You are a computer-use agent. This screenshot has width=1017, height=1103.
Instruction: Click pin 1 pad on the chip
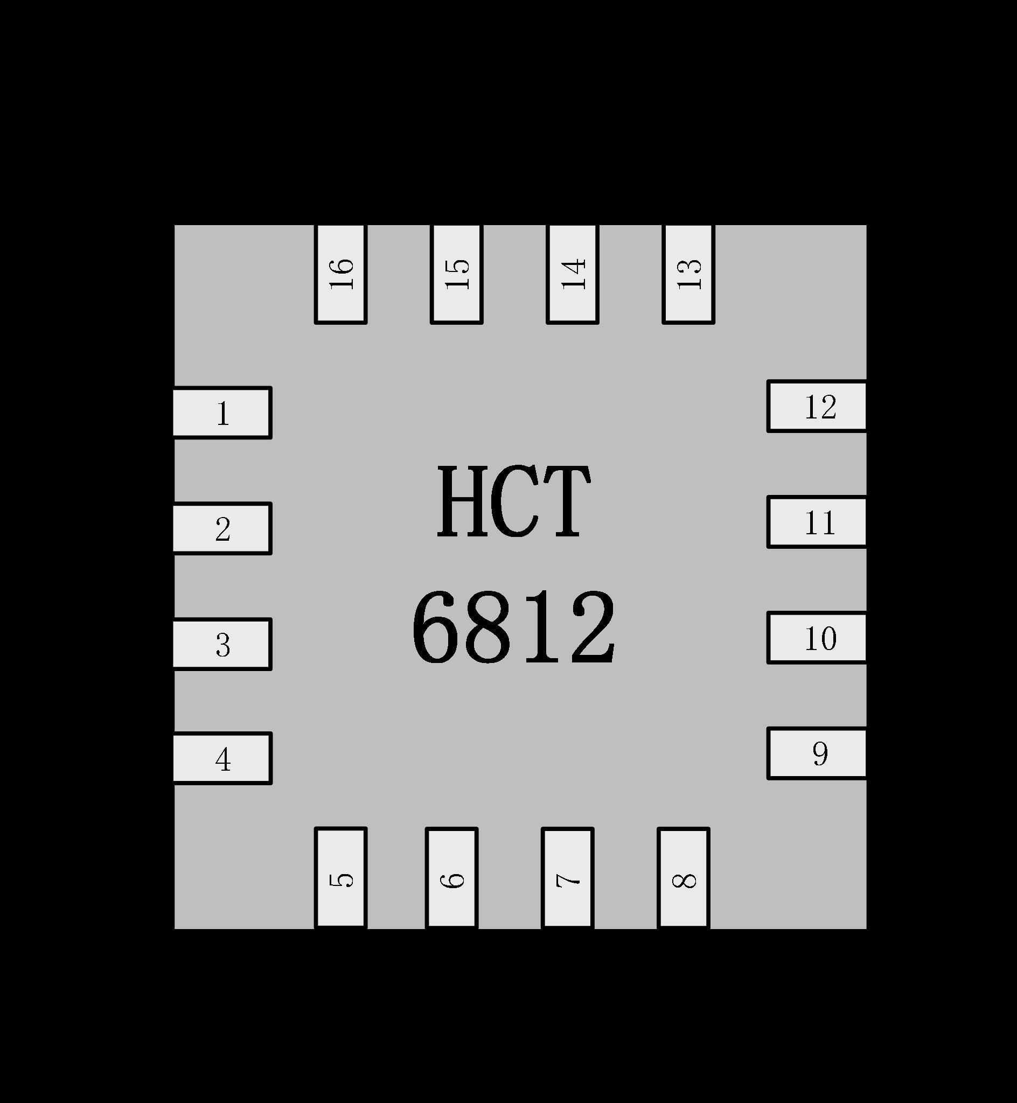222,413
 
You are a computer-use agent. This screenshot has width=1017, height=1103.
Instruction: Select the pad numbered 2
222,528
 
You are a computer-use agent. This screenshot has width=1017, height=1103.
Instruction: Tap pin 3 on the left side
222,644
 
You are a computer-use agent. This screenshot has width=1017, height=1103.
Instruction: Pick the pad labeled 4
222,759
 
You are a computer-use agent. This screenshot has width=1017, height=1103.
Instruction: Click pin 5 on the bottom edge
340,878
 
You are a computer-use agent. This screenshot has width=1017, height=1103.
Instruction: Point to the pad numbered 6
452,878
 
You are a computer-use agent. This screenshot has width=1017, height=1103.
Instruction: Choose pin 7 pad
567,878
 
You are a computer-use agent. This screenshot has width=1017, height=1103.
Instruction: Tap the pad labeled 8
684,878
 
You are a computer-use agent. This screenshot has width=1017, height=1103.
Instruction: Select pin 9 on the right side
817,753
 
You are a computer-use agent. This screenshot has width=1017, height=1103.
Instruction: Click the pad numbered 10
817,638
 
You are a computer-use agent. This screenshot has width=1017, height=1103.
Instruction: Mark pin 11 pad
817,522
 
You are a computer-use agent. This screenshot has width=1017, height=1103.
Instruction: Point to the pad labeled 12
817,407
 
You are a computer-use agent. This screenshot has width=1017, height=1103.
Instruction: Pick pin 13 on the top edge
688,274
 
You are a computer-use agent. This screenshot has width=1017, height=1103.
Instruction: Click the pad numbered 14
573,274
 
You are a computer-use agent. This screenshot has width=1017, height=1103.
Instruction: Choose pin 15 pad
457,274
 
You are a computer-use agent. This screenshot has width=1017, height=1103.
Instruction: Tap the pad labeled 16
340,274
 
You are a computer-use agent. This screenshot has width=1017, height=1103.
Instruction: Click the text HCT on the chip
513,502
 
